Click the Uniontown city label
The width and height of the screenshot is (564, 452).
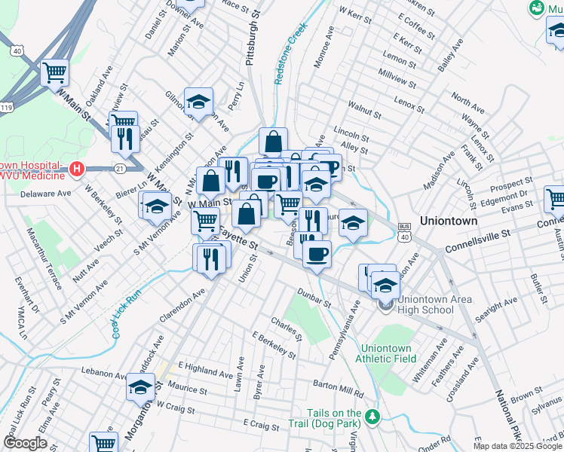pos(449,221)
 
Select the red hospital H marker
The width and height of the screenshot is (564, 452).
pos(75,169)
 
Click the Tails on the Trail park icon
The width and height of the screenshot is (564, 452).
pos(371,417)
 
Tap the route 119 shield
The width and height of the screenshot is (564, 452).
pos(8,108)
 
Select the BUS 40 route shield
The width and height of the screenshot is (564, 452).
pos(405,232)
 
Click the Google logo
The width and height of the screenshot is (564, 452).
pos(25,443)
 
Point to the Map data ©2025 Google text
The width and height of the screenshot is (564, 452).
pos(516,446)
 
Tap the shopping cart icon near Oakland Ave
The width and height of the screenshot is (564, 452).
pos(54,73)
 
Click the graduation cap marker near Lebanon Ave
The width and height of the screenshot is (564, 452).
pos(139,388)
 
